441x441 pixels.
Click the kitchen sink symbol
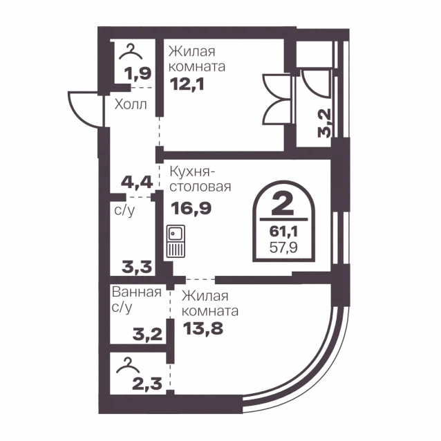pos(176,241)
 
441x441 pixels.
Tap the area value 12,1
pos(187,84)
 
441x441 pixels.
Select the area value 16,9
pos(191,209)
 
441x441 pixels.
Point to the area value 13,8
pos(203,328)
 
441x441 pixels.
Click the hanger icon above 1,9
pos(131,52)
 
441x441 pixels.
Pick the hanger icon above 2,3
pos(128,365)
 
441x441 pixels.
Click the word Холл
pos(131,104)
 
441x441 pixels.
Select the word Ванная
pos(137,292)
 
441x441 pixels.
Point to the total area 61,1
pos(283,232)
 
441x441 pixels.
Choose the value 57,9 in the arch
pos(283,247)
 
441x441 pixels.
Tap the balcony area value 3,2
pos(324,123)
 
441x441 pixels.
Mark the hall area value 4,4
pos(137,182)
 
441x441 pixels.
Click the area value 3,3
pos(137,267)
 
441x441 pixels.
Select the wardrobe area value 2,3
pos(147,384)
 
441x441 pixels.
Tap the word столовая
pos(200,187)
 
